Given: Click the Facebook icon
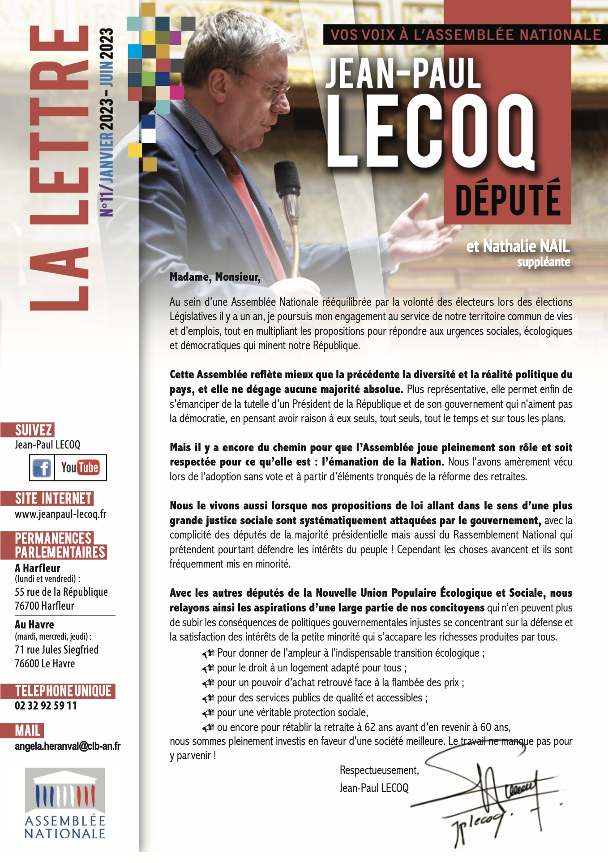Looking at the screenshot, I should coord(42,468).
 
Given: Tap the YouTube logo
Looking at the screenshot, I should coord(80,468).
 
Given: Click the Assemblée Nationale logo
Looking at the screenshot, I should coord(65,803).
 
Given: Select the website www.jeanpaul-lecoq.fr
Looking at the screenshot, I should coord(60,514).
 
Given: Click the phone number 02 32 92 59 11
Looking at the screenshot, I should coord(46,706).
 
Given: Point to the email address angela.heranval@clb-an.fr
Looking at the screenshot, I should coord(68,746).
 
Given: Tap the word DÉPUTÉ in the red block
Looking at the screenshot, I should coord(508,197).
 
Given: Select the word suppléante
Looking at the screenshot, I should coord(544,262).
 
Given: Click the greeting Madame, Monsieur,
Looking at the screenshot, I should coord(215,277).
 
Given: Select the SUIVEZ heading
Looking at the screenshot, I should coord(34,430).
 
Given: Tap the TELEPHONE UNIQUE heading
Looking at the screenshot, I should coord(63,691).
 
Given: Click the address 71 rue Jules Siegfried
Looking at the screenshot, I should coord(56,650).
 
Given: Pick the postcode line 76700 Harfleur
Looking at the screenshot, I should coord(44,606).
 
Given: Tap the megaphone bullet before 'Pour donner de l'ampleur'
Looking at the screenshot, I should coord(208,654).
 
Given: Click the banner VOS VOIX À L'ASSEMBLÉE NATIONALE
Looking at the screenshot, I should coord(465,35).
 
